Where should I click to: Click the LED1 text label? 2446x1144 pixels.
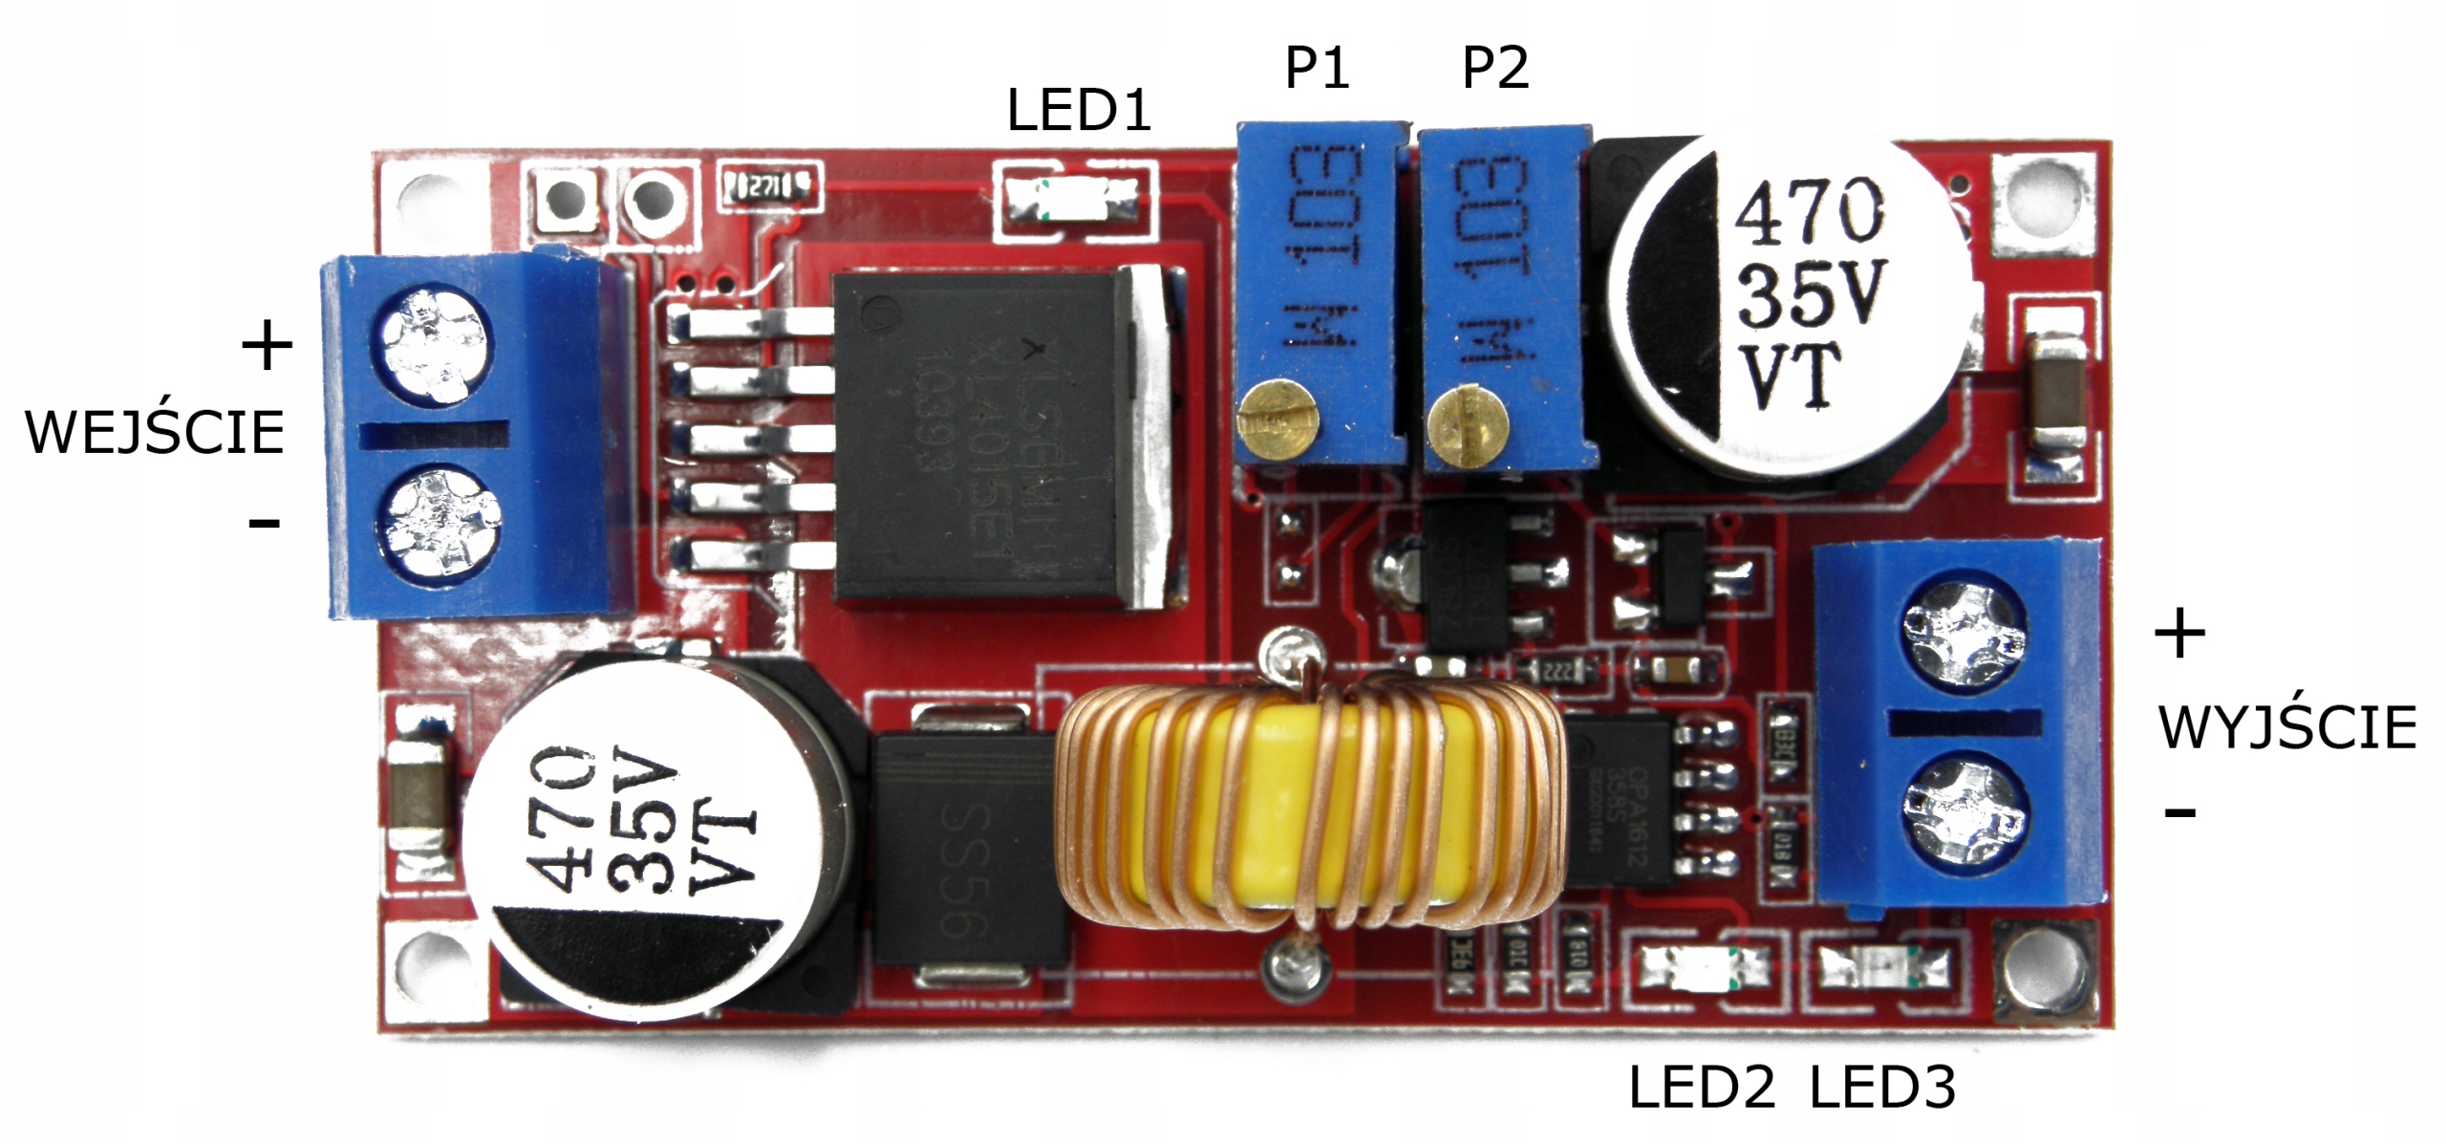[x=1078, y=111]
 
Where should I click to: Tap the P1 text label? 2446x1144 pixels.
[x=1316, y=68]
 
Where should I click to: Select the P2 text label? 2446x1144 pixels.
[x=1494, y=68]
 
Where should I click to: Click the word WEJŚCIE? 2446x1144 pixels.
[x=155, y=433]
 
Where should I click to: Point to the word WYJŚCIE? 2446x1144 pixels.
[x=2287, y=728]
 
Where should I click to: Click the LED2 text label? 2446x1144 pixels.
[x=1701, y=1089]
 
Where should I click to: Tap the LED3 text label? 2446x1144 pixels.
[x=1882, y=1089]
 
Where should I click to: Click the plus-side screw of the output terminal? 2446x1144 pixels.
[x=1964, y=627]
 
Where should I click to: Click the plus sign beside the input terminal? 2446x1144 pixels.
[x=267, y=345]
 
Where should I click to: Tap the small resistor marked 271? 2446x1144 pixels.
[x=770, y=186]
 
